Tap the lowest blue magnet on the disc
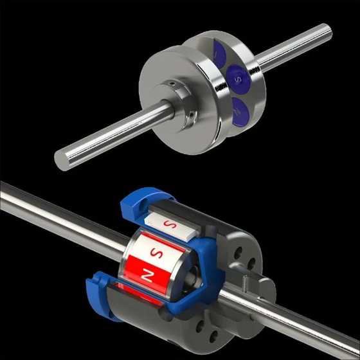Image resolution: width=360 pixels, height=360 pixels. [x=239, y=110]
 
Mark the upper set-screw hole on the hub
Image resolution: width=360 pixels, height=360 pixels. [x=173, y=83]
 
